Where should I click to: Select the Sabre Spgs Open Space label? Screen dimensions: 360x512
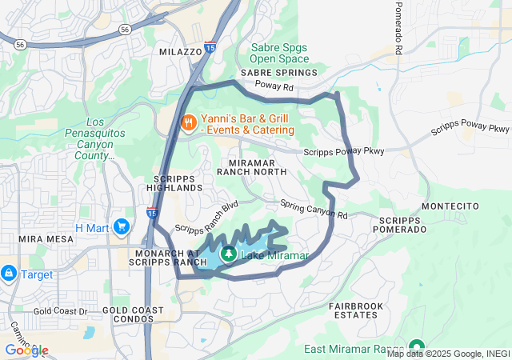pyautogui.click(x=278, y=53)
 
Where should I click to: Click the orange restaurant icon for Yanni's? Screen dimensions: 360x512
pyautogui.click(x=189, y=122)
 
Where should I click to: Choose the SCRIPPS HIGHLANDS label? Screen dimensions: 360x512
pyautogui.click(x=178, y=182)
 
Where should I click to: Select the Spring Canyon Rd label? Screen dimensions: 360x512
pyautogui.click(x=314, y=210)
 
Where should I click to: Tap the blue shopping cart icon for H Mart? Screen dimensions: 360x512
pyautogui.click(x=121, y=227)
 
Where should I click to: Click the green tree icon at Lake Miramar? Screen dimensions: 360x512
pyautogui.click(x=229, y=254)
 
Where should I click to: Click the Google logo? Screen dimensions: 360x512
pyautogui.click(x=26, y=350)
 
